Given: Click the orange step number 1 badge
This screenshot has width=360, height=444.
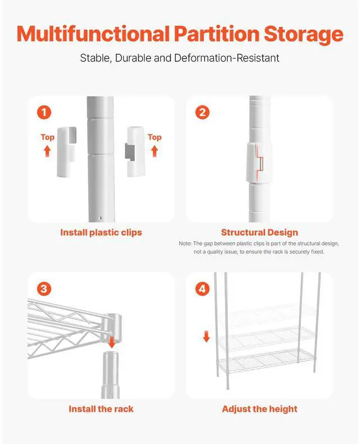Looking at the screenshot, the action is (44, 112).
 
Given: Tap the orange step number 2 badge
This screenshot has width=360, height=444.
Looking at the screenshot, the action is (202, 112).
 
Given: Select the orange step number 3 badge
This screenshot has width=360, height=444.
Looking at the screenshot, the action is (44, 289).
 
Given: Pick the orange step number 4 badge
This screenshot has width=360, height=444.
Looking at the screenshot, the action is (202, 289).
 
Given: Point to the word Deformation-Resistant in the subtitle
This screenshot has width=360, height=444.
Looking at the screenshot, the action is (227, 58).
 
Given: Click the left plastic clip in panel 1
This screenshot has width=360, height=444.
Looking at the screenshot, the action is (67, 152).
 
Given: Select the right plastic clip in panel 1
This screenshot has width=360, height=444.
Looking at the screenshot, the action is (135, 152).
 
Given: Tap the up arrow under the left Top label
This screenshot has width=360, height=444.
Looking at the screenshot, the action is (47, 151).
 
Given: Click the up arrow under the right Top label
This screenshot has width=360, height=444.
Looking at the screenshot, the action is (155, 151).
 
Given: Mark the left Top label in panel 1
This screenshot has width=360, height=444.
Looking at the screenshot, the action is (47, 137).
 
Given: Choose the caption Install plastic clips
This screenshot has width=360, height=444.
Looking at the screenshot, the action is (101, 233).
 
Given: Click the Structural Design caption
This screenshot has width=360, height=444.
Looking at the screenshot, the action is (259, 233).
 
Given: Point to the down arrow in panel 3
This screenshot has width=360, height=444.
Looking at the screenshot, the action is (112, 342).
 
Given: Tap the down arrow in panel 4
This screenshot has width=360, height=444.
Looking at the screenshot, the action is (206, 336).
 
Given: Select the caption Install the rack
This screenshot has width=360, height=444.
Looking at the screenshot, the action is (101, 409).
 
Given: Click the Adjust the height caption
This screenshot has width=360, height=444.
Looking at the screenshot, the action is (260, 409).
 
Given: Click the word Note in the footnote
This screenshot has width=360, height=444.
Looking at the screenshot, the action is (185, 243).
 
